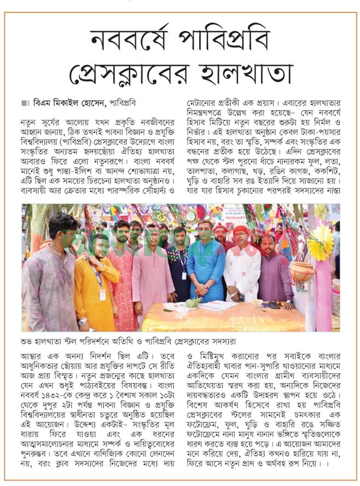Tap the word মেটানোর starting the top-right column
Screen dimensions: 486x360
point(204,102)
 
